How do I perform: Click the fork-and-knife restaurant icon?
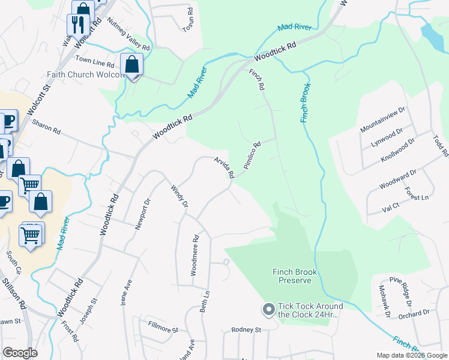click(x=77, y=25)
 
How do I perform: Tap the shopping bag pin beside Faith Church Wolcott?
click(x=131, y=64)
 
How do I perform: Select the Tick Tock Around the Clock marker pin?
click(x=268, y=310)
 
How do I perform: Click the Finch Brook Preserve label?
click(x=294, y=276)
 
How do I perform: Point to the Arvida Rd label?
click(x=224, y=167)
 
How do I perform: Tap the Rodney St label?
click(x=247, y=330)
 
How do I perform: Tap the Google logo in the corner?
click(x=20, y=353)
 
